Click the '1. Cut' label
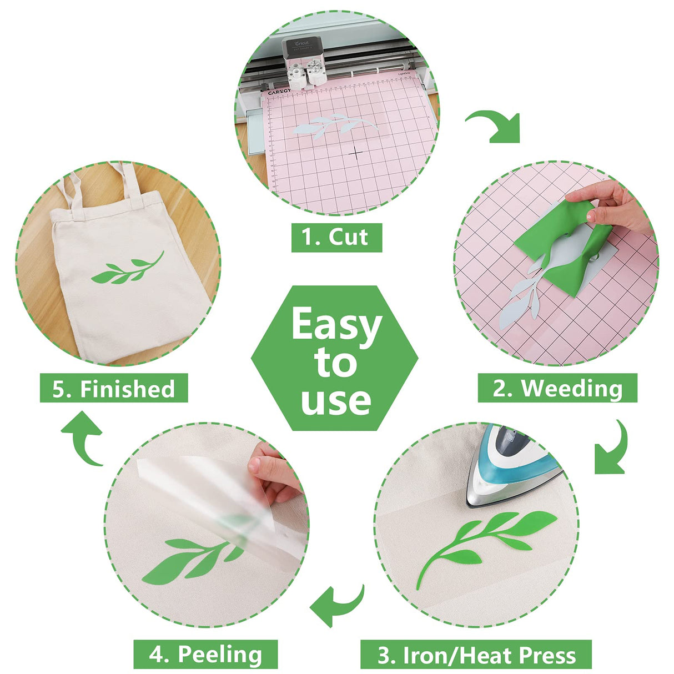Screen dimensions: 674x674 click(x=336, y=238)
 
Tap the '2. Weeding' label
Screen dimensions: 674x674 click(x=557, y=388)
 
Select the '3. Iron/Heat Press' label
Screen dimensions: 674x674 click(x=476, y=655)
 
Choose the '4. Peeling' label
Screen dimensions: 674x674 click(x=205, y=655)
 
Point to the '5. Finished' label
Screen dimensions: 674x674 click(x=114, y=388)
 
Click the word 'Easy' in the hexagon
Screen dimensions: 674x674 click(x=336, y=325)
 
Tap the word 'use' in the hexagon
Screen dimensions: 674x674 click(x=336, y=401)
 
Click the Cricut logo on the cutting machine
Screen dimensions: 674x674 click(x=301, y=44)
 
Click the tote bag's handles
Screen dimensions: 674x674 click(x=100, y=183)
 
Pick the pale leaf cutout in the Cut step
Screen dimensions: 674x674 click(x=330, y=125)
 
